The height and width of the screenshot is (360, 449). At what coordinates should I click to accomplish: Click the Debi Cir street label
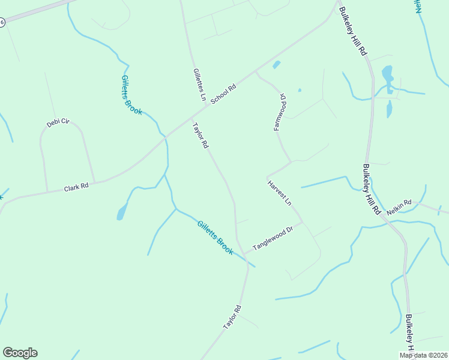[58, 123]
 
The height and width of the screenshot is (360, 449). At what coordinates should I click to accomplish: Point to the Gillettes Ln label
[199, 84]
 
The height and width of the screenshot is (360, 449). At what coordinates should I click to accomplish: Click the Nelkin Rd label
[399, 207]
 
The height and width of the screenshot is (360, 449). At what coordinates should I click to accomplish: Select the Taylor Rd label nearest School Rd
[200, 136]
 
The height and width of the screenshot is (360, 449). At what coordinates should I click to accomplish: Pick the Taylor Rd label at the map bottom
[232, 317]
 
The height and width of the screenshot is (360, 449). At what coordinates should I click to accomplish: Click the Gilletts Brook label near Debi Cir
[131, 95]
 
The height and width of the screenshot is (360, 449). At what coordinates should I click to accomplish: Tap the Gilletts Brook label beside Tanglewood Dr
[215, 238]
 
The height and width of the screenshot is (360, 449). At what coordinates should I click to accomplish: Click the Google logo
[20, 353]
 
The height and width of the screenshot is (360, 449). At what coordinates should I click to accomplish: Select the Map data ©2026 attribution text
[424, 355]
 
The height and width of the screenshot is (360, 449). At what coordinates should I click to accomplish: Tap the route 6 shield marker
[2, 22]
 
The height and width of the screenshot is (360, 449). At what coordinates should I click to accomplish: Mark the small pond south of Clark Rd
[122, 212]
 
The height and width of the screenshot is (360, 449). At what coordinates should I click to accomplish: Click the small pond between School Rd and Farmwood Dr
[276, 64]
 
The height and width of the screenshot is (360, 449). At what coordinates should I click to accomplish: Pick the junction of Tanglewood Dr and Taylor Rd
[243, 253]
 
